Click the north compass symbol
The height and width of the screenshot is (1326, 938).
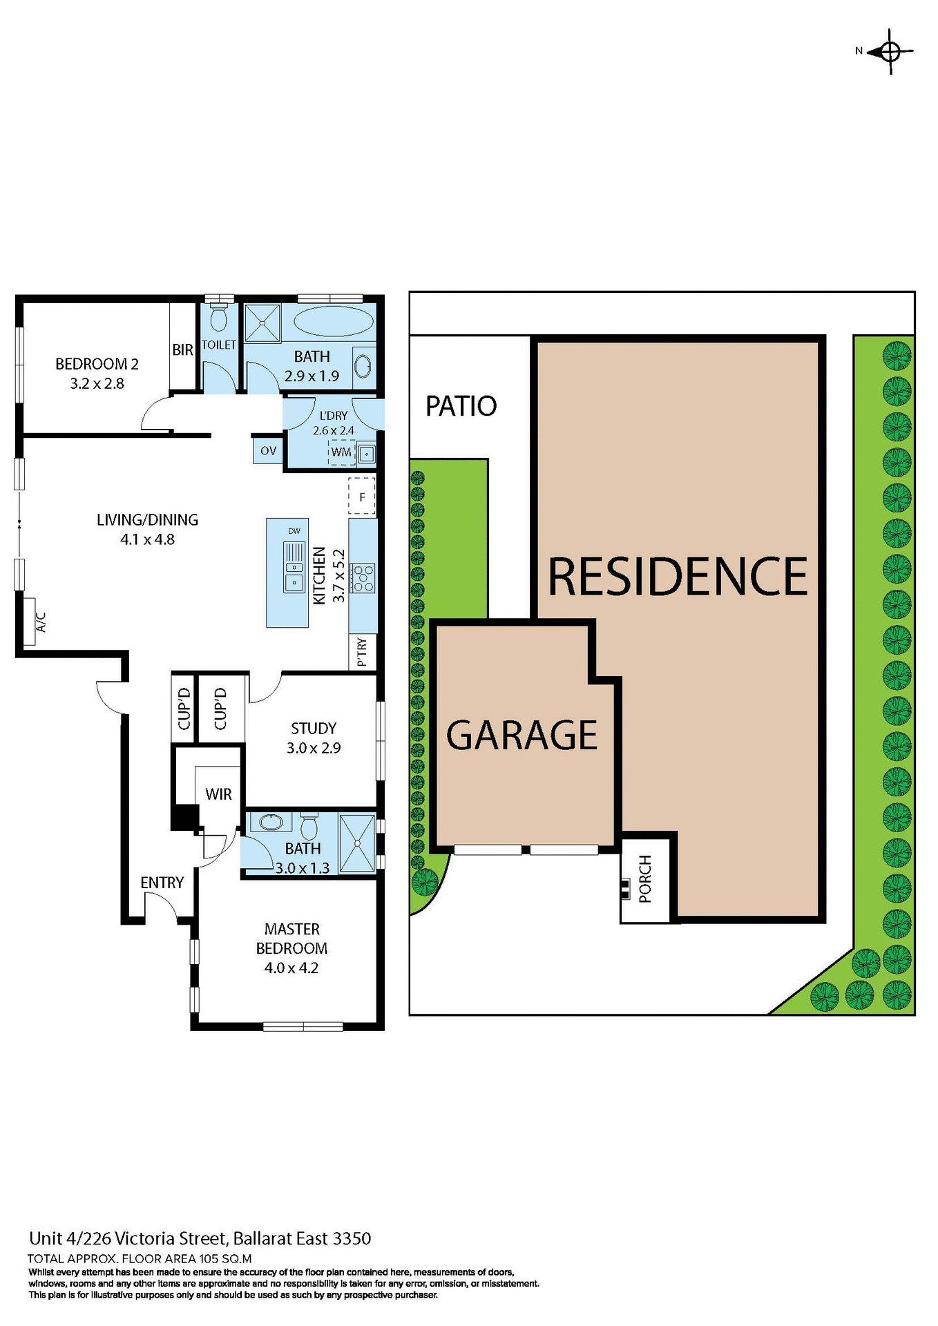890,51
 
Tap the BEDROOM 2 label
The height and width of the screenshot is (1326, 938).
97,364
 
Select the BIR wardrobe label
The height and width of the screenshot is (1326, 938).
182,350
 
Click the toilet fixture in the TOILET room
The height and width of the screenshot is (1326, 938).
219,318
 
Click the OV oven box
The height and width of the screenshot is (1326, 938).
268,451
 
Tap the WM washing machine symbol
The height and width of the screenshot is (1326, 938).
341,452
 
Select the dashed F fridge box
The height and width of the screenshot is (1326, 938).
362,496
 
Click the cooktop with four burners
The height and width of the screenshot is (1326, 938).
363,578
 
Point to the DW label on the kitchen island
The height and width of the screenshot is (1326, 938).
294,530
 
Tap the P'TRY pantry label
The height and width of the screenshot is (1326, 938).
363,652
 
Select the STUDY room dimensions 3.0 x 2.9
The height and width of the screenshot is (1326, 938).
314,748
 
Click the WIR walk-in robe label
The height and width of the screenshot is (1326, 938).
218,794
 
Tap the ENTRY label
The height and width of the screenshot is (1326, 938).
162,883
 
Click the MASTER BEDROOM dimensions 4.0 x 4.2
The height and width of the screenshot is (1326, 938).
291,968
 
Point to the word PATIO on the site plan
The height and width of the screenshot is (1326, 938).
461,406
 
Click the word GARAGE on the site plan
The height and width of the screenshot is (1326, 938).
521,735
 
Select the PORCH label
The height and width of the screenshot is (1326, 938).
645,878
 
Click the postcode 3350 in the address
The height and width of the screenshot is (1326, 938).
352,1238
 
